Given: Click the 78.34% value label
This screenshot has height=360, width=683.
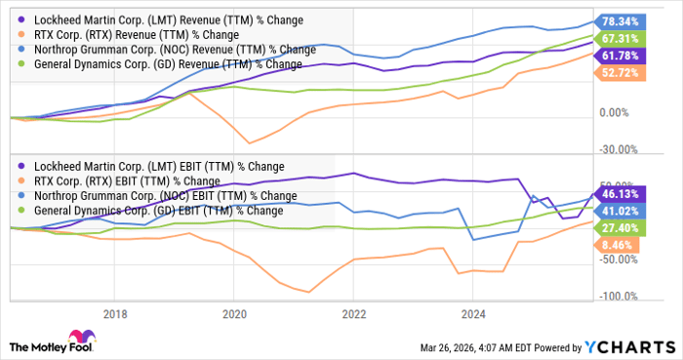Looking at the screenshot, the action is point(620,21).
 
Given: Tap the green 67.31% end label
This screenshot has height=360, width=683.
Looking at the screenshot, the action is point(620,39).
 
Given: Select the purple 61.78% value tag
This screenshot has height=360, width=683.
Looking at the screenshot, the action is point(620,56).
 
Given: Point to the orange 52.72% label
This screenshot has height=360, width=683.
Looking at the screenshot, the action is point(620,73).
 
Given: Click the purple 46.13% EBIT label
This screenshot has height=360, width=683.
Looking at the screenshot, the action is point(620,194).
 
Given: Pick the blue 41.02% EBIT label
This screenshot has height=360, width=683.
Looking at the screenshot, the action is point(620,211).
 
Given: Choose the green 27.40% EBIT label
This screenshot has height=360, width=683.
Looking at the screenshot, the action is point(620,228).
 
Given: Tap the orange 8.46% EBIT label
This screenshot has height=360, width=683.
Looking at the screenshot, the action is point(617,245).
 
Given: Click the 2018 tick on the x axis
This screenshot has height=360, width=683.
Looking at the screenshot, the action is point(115,314).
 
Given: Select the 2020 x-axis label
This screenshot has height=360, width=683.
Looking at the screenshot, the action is point(234,314).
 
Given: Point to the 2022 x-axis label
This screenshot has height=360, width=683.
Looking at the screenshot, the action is point(353,314).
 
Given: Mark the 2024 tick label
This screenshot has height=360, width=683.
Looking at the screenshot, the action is point(473,314).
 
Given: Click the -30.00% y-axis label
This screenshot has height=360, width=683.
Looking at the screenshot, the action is point(619,149).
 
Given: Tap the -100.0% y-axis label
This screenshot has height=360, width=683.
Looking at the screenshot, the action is point(619,297).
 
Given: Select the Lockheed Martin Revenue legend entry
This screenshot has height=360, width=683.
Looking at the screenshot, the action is point(160,20).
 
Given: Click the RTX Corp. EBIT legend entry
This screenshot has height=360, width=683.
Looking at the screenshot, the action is point(118,181).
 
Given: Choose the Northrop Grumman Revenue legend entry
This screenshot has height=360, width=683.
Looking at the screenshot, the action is point(167,49).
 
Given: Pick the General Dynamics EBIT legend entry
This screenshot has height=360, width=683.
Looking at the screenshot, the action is point(150,211).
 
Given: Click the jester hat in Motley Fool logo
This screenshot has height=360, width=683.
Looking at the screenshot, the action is point(81,337).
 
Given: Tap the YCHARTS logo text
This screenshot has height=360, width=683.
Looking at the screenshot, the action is point(629,347).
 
